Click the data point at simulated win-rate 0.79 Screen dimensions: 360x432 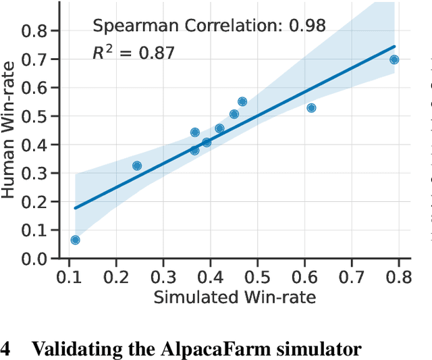[394, 59]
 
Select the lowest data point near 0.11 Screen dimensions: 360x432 [75, 240]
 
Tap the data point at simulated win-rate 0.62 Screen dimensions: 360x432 [311, 108]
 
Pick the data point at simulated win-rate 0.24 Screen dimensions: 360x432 [137, 165]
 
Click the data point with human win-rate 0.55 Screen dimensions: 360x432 [242, 101]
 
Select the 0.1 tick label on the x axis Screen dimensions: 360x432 [69, 278]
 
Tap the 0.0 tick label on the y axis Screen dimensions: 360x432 [38, 259]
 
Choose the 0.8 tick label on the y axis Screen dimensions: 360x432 [38, 30]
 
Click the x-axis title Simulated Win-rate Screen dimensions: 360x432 [234, 297]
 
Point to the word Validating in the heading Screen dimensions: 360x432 [66, 349]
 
